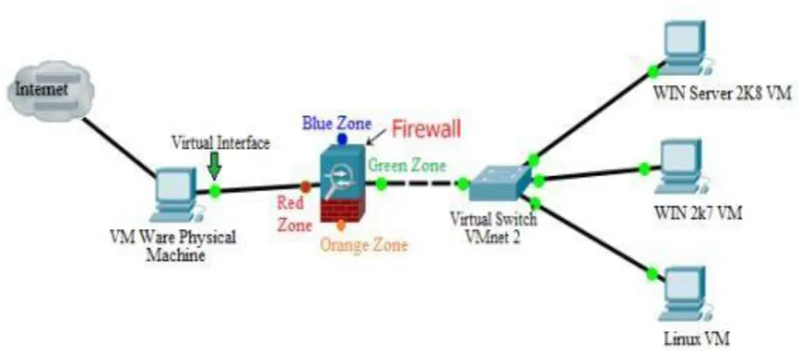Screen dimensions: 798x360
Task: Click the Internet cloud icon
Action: pos(50,91)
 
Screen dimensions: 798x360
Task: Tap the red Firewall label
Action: pos(426,129)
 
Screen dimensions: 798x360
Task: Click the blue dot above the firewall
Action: pos(342,139)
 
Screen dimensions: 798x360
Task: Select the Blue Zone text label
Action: pos(337,123)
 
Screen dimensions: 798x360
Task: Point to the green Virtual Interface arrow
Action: pos(215,167)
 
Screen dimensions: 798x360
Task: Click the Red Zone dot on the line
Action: pos(305,187)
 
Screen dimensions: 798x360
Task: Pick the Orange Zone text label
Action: pos(364,245)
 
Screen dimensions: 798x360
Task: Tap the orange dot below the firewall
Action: pos(340,224)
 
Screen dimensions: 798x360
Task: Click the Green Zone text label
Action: pos(407,166)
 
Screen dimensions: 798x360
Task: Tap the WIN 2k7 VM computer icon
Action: pos(679,167)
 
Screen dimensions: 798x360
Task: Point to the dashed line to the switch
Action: pos(422,185)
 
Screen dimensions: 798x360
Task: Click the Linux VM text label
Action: pos(696,338)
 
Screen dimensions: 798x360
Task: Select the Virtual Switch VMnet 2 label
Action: pos(494,228)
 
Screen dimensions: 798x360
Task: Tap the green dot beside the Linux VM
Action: pos(652,274)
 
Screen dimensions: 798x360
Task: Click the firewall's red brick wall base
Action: pos(340,210)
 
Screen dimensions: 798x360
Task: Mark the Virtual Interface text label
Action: pos(220,143)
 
